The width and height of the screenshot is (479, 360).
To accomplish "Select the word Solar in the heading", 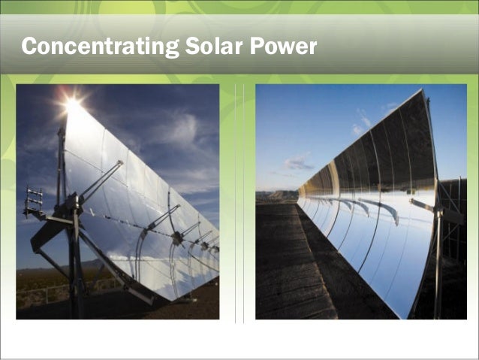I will click(206, 47).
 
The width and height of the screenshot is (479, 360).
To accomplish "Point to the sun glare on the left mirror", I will click(73, 106).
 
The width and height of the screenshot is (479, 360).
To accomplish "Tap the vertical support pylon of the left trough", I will click(75, 256).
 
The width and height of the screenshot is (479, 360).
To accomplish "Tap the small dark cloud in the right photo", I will click(298, 162).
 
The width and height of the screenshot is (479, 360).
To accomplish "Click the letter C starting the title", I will click(30, 47).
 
